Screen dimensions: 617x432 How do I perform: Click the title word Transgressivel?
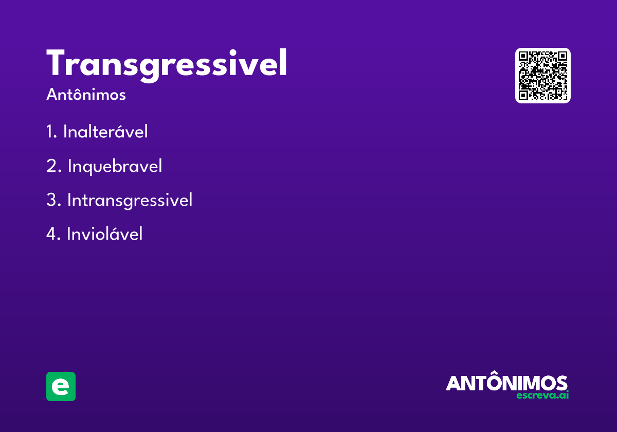tap(167, 65)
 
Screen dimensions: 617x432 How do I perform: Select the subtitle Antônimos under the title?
tap(86, 95)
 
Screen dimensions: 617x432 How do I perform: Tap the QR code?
tap(542, 76)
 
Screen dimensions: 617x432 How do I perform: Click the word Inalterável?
tap(105, 131)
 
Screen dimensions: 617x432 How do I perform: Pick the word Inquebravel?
tap(115, 167)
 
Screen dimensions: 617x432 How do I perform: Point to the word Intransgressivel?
tap(130, 200)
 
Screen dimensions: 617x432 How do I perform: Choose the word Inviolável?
tap(105, 233)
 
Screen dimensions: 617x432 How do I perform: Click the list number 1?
tap(51, 132)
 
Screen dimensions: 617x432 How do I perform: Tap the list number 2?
tap(53, 166)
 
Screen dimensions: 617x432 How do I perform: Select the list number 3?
tap(53, 200)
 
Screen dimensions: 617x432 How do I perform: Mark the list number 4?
tap(53, 234)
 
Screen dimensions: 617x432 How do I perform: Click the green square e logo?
tap(61, 386)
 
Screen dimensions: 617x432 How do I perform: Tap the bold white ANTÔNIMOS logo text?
tap(506, 381)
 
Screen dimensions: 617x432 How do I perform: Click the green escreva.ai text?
tap(542, 395)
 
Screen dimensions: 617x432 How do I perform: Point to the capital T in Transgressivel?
tap(56, 62)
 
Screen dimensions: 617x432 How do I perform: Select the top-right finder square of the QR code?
tap(562, 56)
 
